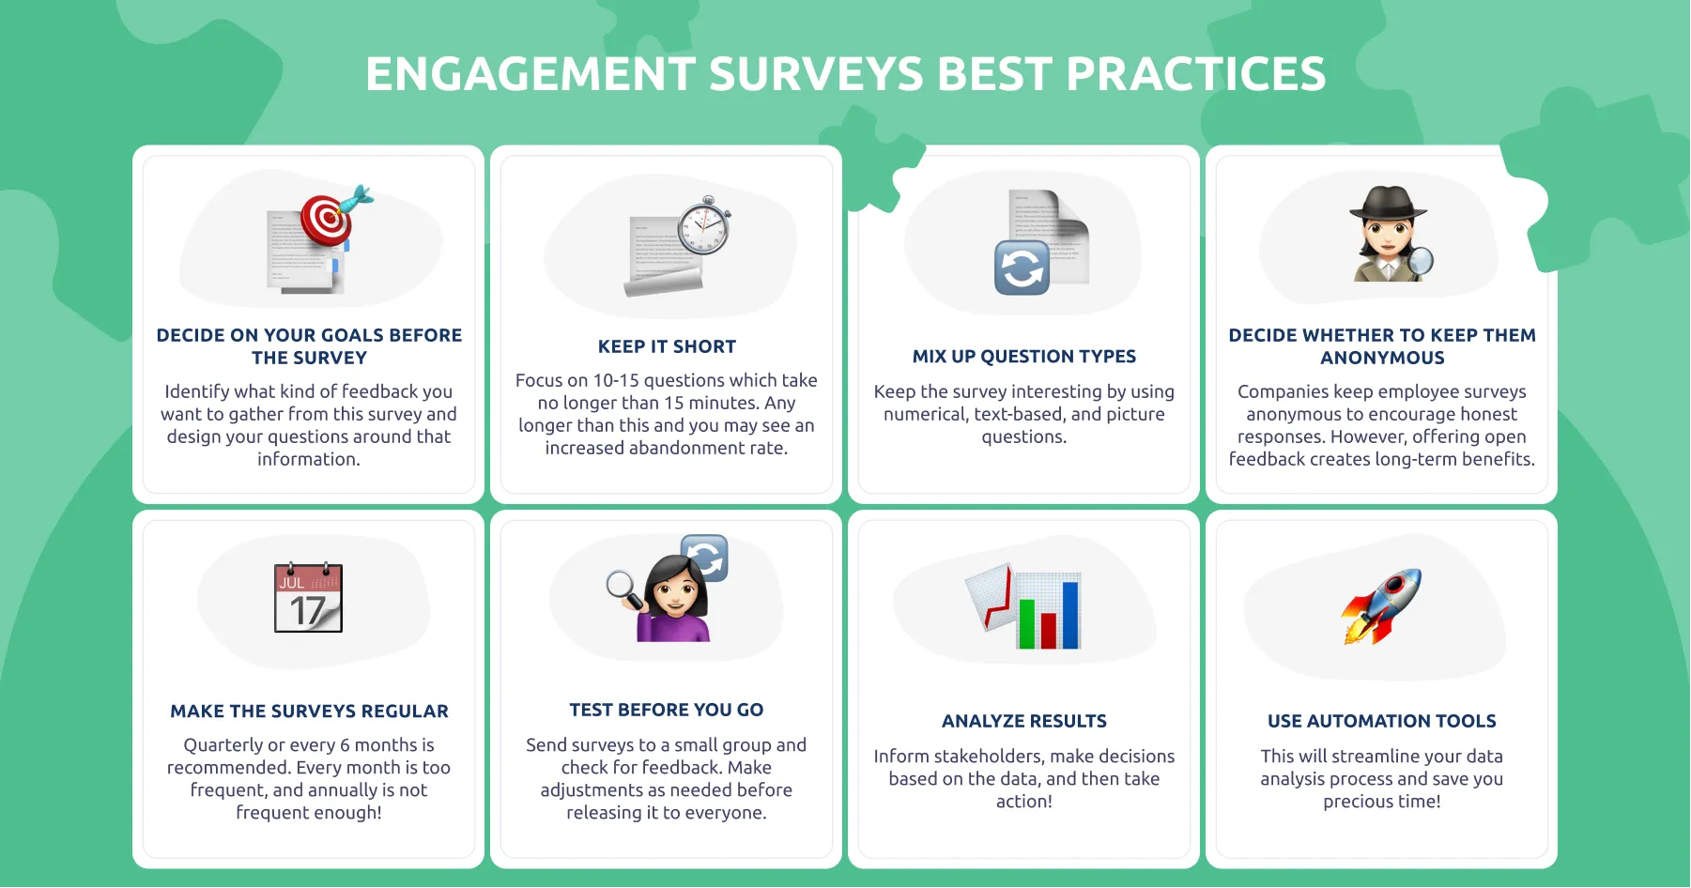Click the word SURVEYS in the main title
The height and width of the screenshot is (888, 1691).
click(x=816, y=74)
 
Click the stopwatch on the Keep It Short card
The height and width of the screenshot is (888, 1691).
click(x=704, y=227)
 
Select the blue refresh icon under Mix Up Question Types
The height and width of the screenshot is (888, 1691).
click(x=1022, y=268)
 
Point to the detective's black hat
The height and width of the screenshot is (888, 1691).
click(x=1387, y=202)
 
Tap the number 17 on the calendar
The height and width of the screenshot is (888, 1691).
click(x=307, y=611)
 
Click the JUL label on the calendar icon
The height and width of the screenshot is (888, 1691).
click(x=291, y=583)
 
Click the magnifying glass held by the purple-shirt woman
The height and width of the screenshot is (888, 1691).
click(x=622, y=587)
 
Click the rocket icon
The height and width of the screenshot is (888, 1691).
click(x=1382, y=605)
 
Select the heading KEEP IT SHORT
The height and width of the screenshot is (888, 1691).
click(x=667, y=346)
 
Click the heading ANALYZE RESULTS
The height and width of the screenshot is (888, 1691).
click(x=1023, y=721)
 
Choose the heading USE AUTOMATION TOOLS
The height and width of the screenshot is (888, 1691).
click(x=1381, y=721)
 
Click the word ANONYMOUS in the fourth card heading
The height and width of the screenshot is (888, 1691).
click(x=1382, y=358)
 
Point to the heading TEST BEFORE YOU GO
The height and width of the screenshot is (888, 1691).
click(x=666, y=710)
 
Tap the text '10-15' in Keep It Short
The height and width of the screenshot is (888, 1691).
click(x=615, y=380)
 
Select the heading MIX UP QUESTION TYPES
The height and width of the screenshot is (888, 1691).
click(x=1023, y=357)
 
